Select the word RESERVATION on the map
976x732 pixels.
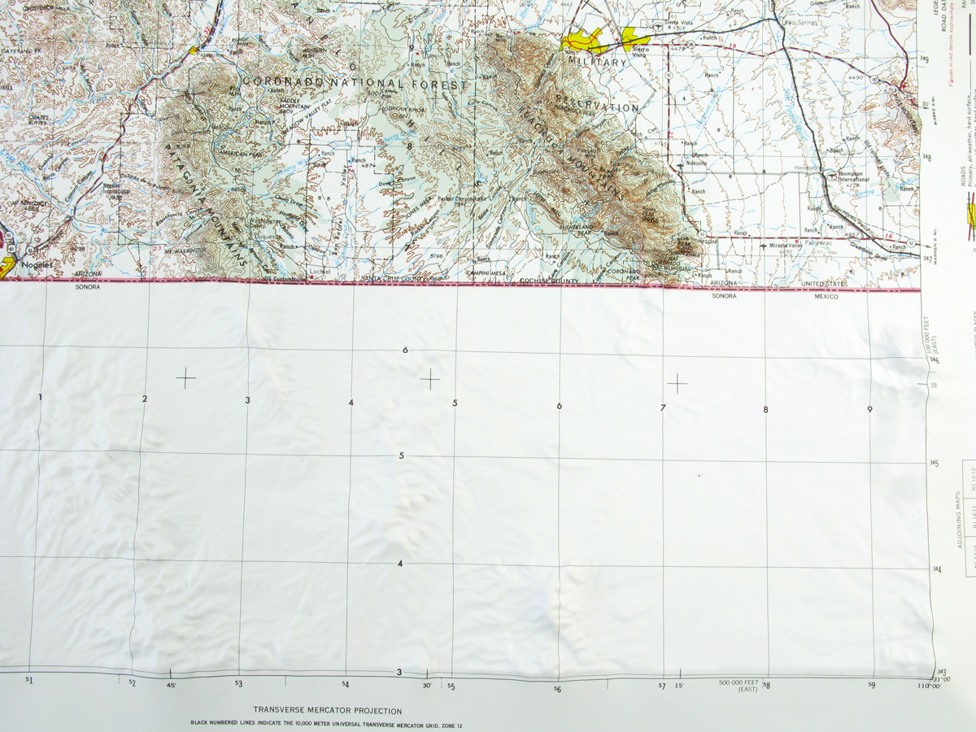[x=598, y=107]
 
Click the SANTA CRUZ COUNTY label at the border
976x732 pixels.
[x=394, y=280]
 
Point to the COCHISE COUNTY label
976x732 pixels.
[x=549, y=281]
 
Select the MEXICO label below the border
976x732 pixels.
[x=827, y=297]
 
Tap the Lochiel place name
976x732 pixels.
[x=320, y=271]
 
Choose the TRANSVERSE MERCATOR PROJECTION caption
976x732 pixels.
[x=327, y=711]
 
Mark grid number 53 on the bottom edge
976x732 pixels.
[x=238, y=684]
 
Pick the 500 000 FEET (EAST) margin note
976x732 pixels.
[x=738, y=686]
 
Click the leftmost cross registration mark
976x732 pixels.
[x=185, y=378]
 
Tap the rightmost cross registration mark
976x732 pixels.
[x=677, y=382]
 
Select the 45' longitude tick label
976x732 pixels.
[x=170, y=685]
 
